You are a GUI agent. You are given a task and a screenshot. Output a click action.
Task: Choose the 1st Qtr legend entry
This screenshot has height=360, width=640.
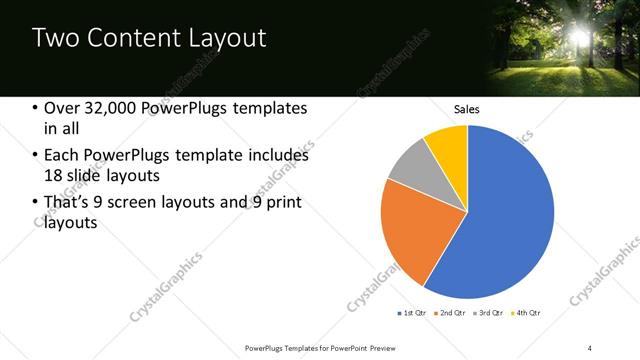tap(412, 313)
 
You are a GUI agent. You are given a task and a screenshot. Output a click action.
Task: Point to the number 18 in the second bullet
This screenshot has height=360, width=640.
tap(55, 177)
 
